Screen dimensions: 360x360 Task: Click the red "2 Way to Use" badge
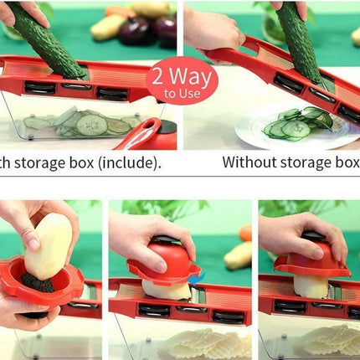[x=182, y=80]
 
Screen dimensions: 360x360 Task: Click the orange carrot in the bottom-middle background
[x=244, y=234]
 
